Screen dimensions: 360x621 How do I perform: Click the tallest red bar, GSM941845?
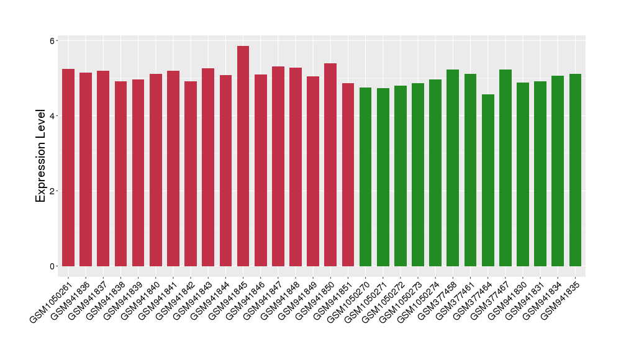pos(243,155)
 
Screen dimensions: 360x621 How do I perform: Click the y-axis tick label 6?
pos(52,40)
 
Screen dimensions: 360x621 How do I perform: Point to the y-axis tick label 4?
pos(52,116)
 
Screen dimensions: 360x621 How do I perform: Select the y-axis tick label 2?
pos(52,191)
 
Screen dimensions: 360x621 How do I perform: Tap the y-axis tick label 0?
pos(52,266)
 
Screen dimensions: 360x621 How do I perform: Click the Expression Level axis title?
pos(41,155)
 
